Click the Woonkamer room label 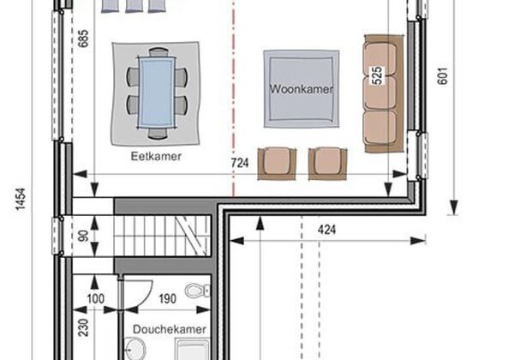tap(301, 89)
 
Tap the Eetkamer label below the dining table tap(156, 156)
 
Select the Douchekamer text tap(170, 329)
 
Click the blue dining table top tap(157, 93)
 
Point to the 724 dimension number tap(240, 163)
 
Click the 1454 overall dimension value tap(21, 199)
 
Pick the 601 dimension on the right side tap(443, 76)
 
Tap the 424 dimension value tap(326, 230)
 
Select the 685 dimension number tap(84, 39)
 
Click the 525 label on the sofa tap(377, 75)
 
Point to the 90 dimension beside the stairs tap(84, 236)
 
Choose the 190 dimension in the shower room tap(168, 298)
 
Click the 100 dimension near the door tap(96, 298)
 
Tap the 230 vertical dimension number tap(84, 327)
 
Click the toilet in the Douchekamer tap(197, 291)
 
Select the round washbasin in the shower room tap(135, 349)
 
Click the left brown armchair tap(277, 164)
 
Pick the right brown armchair tap(327, 164)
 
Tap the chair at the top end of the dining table tap(158, 52)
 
